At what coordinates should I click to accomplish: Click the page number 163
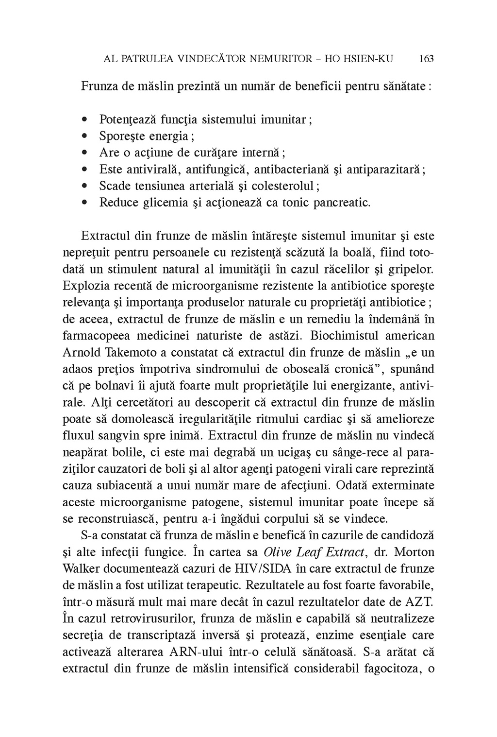(x=426, y=59)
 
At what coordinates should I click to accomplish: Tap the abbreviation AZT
(x=418, y=602)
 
